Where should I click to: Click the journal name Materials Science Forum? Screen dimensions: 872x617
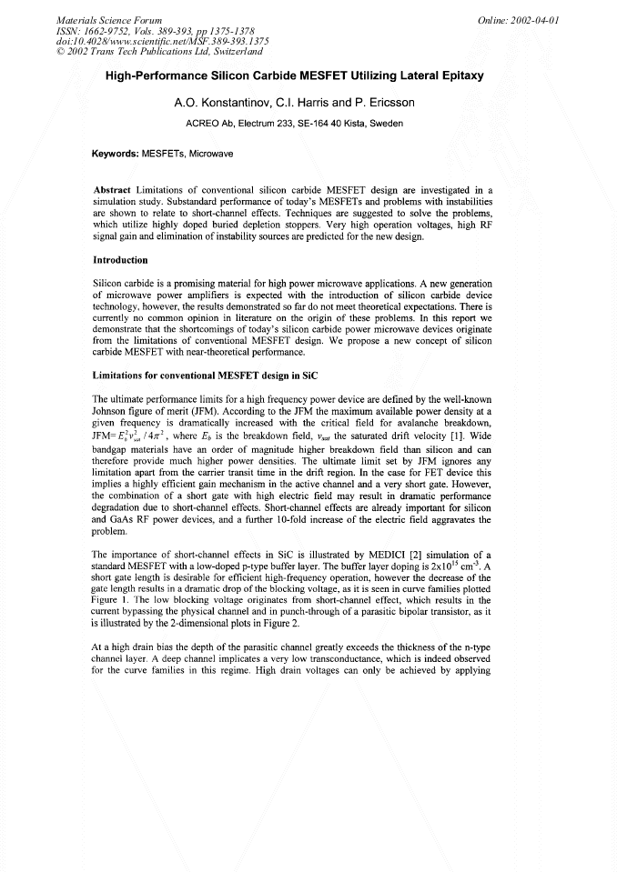click(109, 18)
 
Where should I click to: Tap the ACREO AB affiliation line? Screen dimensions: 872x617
click(294, 124)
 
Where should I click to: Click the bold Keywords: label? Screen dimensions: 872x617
click(116, 154)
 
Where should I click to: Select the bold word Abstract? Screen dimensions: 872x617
click(114, 189)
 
